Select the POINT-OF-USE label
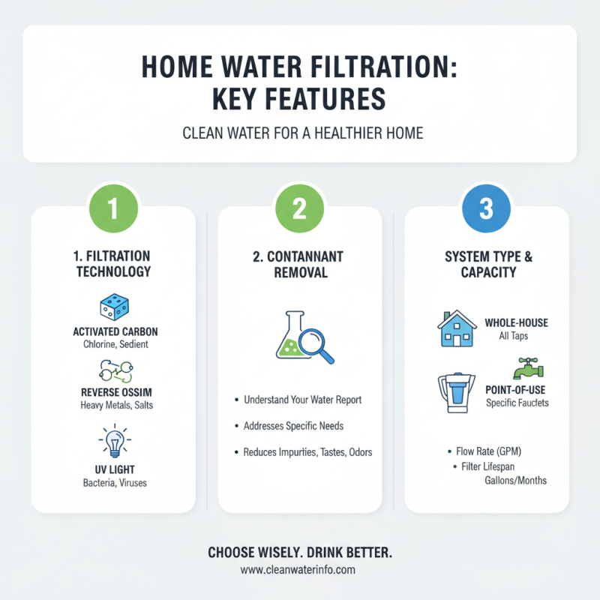pyautogui.click(x=517, y=389)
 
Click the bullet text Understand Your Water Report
pyautogui.click(x=302, y=400)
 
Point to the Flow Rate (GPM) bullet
pyautogui.click(x=487, y=451)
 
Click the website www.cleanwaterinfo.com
pyautogui.click(x=299, y=570)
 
